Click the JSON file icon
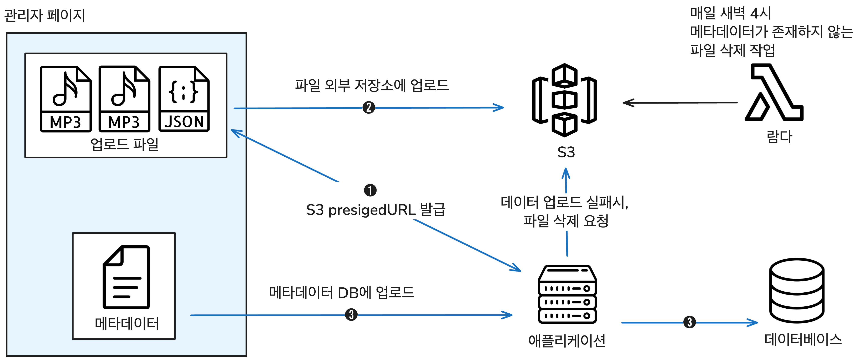tap(184, 99)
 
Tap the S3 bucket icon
tap(565, 100)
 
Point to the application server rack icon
tap(567, 294)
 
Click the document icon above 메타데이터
tap(126, 277)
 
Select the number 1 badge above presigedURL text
tap(370, 190)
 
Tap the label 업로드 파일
tap(124, 144)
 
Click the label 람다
tap(779, 137)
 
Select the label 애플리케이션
tap(567, 341)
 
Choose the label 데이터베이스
tap(803, 339)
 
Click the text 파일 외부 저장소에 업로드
tap(372, 85)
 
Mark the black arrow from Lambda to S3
tap(680, 103)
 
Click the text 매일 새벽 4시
tap(730, 13)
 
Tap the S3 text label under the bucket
tap(566, 152)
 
